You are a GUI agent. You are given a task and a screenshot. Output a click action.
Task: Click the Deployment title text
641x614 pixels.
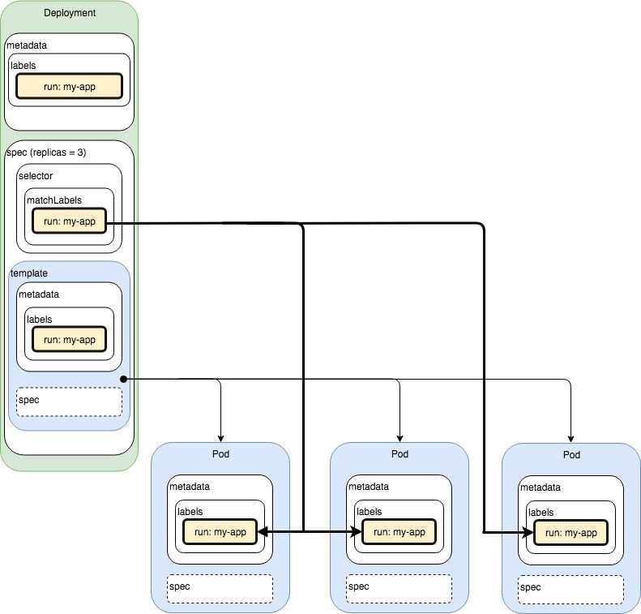point(69,14)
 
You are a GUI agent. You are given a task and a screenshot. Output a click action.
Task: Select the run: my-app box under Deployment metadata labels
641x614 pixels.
point(69,86)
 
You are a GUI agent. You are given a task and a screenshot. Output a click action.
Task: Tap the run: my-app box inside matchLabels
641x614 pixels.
point(69,221)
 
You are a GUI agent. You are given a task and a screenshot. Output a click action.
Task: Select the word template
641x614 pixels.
point(29,274)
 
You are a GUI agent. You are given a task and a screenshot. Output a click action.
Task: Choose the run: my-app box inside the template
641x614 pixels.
point(69,340)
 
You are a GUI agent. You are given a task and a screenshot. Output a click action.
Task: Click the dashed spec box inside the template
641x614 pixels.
point(69,401)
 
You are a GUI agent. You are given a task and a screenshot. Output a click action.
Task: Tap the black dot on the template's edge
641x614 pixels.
point(122,379)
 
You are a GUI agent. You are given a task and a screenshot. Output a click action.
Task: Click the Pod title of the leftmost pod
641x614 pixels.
point(220,454)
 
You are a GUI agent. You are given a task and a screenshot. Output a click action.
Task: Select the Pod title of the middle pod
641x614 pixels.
point(400,454)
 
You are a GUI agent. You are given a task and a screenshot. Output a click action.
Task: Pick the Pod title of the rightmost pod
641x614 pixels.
point(571,455)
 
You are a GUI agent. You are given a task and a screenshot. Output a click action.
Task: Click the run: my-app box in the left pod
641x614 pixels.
point(220,531)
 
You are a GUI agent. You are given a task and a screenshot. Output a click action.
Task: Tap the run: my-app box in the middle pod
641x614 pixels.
point(399,531)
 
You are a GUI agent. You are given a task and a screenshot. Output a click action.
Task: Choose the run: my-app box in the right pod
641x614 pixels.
point(570,532)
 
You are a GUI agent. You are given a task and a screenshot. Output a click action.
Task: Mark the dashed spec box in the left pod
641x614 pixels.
point(220,586)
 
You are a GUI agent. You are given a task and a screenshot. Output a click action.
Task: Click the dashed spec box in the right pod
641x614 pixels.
point(570,587)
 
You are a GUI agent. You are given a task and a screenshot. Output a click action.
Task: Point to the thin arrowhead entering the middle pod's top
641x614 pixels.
point(400,437)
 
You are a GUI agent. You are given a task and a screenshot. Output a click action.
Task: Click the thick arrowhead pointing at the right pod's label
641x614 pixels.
point(528,532)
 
